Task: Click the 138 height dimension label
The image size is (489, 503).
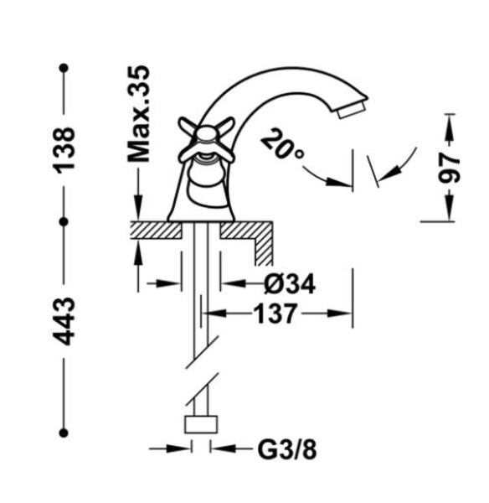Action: pos(64,150)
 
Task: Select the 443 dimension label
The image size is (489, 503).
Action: pos(64,321)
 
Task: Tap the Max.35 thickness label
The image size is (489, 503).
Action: pos(139,114)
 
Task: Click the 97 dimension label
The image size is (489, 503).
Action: pos(448,168)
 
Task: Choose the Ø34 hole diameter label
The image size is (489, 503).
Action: pos(290,283)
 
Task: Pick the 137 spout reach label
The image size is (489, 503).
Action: pos(275,314)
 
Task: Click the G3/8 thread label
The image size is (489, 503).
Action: pos(287,449)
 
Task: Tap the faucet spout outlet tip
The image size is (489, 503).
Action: pos(352,110)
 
